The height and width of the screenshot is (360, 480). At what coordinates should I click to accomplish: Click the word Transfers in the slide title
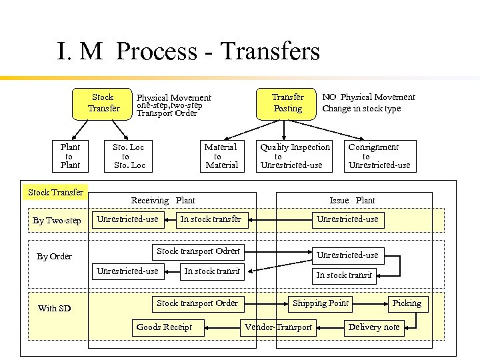coord(270,51)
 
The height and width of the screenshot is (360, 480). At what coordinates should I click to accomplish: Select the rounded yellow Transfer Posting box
coord(287,103)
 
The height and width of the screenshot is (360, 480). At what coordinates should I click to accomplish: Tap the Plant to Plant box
coord(70,156)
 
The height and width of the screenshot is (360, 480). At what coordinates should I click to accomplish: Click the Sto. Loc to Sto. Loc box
coord(129,156)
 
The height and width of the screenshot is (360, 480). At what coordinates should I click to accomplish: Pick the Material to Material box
coord(220,156)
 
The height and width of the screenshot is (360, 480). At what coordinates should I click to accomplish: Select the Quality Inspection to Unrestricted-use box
coord(295,156)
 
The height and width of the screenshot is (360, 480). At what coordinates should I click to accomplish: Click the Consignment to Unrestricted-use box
coord(379,156)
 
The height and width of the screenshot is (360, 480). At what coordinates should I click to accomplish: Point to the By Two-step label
coord(57,221)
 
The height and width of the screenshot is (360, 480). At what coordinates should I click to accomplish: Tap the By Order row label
coord(55,256)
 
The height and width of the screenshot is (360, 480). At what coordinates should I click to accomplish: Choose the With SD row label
coord(54,308)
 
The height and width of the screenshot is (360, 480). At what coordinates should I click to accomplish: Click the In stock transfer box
coord(211,219)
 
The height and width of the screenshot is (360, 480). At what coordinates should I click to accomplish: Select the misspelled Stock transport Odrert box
coord(198,251)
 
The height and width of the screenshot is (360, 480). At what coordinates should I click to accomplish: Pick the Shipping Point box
coord(321,303)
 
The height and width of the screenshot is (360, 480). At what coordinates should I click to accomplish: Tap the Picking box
coord(407,303)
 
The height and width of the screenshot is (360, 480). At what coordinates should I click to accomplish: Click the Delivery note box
coord(374,327)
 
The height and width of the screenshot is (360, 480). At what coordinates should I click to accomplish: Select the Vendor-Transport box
coord(278,327)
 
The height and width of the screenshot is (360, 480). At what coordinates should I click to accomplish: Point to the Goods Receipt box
coord(164,327)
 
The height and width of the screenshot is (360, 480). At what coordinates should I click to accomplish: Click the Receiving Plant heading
coord(163,200)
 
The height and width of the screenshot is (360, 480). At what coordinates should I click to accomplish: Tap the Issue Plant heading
coord(352,200)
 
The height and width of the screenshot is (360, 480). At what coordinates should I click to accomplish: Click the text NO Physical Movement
coord(369,97)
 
